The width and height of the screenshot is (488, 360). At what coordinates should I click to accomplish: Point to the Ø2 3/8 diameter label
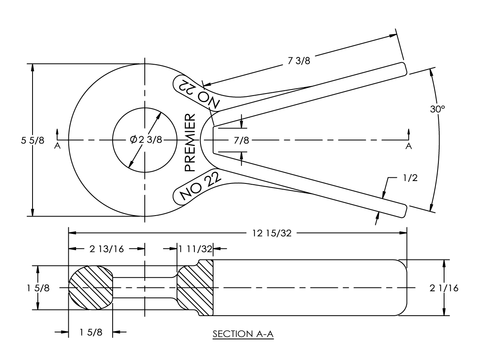(146, 140)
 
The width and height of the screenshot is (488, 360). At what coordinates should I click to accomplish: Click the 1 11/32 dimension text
(195, 249)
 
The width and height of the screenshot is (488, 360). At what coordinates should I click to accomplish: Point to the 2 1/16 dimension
(444, 288)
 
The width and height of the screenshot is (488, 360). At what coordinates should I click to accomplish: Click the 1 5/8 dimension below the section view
(91, 332)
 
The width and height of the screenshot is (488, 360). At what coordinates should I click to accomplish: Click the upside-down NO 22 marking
(197, 93)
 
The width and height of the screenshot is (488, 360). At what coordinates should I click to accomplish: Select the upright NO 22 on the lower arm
(198, 187)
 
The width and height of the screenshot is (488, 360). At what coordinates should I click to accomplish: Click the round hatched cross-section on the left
(90, 288)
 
